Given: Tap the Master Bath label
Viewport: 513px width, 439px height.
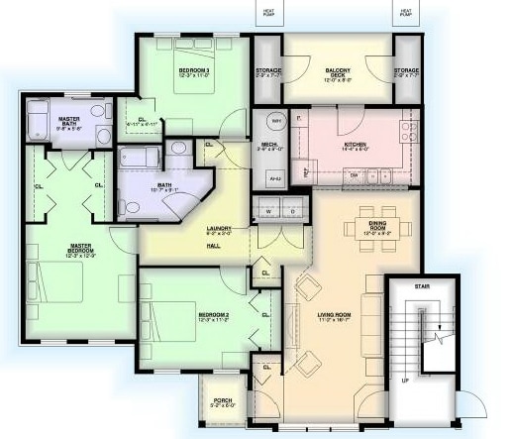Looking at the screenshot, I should coord(69,122).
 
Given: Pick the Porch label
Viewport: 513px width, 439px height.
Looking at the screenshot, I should coord(221,401).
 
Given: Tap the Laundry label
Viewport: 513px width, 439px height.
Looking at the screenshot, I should coord(219,229).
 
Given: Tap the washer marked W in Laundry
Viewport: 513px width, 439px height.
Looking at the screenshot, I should coord(267,212).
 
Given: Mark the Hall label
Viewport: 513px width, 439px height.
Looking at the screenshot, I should coord(214,244).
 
